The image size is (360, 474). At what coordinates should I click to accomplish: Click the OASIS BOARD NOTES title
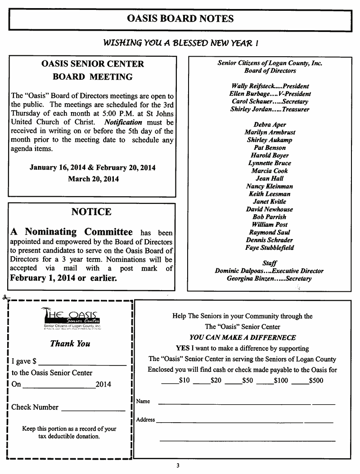[x=180, y=19]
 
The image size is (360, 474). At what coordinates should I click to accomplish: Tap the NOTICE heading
[x=91, y=212]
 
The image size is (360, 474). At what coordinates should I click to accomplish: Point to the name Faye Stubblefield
[x=270, y=248]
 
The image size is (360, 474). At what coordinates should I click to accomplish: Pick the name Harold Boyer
[x=270, y=155]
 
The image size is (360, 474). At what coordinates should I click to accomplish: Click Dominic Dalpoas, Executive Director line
[x=269, y=271]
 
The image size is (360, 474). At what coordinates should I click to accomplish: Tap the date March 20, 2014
[x=93, y=179]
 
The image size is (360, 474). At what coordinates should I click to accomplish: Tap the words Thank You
[x=70, y=343]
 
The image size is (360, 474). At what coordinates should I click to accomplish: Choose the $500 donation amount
[x=316, y=380]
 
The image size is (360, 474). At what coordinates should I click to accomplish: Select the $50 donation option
[x=247, y=380]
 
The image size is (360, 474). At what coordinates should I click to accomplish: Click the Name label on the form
[x=143, y=402]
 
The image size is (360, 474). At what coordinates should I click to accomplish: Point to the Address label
[x=145, y=420]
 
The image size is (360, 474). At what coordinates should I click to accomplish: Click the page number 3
[x=178, y=465]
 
